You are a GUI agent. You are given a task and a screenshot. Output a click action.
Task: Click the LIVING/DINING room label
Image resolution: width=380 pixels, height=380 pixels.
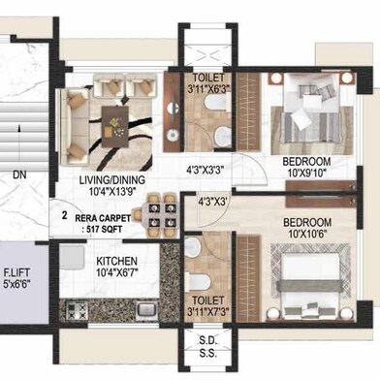112,179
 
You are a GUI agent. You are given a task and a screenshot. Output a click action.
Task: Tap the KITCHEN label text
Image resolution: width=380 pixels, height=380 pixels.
117,261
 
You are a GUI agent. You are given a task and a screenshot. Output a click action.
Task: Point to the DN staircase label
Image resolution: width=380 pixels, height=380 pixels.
19,175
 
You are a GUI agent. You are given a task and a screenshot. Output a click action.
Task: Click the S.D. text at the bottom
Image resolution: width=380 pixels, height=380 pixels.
207,340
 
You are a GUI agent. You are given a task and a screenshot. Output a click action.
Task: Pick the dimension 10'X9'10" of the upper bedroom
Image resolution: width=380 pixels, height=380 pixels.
306,173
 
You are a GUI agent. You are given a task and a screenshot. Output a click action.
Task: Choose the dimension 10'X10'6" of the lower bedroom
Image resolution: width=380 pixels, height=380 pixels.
307,234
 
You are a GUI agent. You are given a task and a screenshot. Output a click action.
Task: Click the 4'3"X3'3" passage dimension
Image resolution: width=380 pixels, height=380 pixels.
206,170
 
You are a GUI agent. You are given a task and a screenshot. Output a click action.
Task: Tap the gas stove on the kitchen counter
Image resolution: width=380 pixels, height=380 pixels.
77,310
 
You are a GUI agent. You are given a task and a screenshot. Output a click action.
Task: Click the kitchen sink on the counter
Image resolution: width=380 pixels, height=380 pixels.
146,309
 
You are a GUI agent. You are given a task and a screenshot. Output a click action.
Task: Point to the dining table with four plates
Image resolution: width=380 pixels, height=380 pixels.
160,215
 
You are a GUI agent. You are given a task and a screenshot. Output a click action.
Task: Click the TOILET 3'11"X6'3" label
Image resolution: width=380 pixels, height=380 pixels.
208,83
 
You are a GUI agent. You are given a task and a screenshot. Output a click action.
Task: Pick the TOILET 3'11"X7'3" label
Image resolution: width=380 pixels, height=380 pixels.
208,305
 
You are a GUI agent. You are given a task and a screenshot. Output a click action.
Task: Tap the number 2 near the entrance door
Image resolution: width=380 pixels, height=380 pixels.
65,215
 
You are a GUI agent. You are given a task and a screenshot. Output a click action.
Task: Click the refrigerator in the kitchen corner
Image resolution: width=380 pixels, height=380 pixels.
72,257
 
